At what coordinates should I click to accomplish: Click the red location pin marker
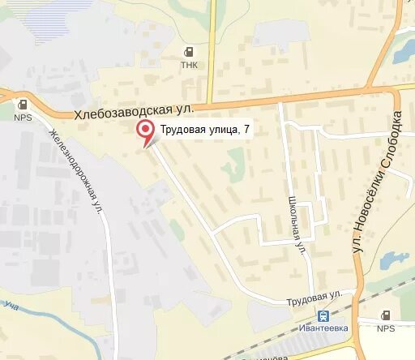coord(146,131)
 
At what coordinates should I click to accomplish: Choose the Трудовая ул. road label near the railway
coord(317,297)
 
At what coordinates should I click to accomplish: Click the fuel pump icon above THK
coord(189,52)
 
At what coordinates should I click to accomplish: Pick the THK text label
coord(189,66)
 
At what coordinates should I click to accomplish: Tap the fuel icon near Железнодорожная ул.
coord(22,104)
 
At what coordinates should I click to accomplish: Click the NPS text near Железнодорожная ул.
coord(22,117)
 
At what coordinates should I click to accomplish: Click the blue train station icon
coord(323,315)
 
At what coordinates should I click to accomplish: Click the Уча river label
coord(11,306)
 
